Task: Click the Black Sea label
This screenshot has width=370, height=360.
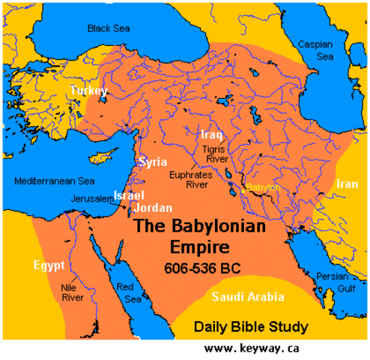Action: [109, 28]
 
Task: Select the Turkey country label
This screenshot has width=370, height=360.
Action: [89, 91]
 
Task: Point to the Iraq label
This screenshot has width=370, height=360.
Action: [211, 135]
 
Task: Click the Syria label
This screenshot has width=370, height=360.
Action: [152, 162]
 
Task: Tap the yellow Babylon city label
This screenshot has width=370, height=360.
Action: [263, 187]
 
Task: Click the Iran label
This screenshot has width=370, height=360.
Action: [347, 184]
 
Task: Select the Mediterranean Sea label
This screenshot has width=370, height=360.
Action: [55, 181]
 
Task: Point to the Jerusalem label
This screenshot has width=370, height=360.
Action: [90, 198]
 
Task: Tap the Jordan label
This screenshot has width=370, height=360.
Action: [154, 208]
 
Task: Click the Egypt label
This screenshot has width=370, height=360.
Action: [49, 265]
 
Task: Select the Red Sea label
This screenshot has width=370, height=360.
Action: [136, 294]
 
